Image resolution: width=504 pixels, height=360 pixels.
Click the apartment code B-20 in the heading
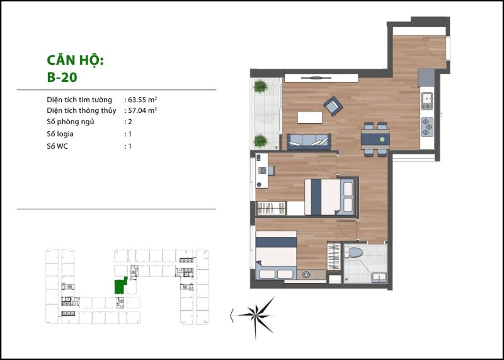[62, 77]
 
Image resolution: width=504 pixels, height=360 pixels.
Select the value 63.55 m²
[142, 100]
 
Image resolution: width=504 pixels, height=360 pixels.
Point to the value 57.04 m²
[142, 110]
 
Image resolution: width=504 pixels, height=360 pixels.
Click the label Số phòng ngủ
[71, 122]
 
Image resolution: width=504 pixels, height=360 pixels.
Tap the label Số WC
[57, 146]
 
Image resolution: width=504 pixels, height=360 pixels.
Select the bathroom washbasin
[379, 277]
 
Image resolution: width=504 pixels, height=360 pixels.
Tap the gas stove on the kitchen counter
[427, 127]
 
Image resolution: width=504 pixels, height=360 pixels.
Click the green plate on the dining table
[382, 139]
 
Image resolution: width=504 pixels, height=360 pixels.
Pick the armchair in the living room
[333, 106]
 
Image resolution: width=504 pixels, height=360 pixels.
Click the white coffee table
[310, 117]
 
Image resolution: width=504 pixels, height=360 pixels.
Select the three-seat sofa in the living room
[309, 142]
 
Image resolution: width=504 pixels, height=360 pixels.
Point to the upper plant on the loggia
[260, 86]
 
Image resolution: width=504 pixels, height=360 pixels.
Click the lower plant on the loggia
[260, 141]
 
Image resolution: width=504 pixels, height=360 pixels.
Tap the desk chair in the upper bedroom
[271, 170]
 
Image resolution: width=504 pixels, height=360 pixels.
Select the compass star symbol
[257, 317]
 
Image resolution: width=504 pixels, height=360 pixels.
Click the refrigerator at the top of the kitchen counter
[427, 78]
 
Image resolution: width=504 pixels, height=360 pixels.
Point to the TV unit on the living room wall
[321, 78]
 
